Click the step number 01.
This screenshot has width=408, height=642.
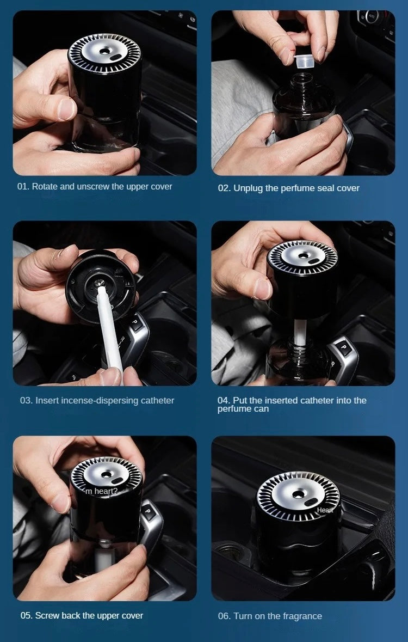pyautogui.click(x=23, y=187)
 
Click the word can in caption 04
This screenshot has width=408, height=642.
pyautogui.click(x=261, y=409)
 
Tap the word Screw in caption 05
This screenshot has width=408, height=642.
pyautogui.click(x=46, y=616)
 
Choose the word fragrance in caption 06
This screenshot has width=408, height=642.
pyautogui.click(x=302, y=616)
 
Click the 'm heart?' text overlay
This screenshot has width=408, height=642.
pyautogui.click(x=102, y=491)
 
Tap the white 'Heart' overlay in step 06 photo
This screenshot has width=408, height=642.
pyautogui.click(x=325, y=510)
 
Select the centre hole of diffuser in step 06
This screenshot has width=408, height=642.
pyautogui.click(x=298, y=494)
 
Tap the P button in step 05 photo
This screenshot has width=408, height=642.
pyautogui.click(x=148, y=511)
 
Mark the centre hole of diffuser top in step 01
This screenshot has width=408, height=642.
pyautogui.click(x=105, y=51)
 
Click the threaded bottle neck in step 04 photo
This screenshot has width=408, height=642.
pyautogui.click(x=300, y=351)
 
